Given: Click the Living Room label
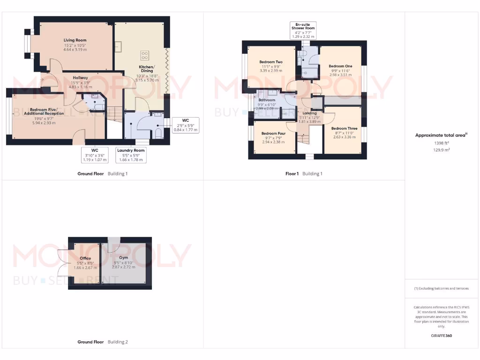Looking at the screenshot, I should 75,40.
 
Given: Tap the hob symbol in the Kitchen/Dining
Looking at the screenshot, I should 144,55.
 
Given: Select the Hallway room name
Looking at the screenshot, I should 80,78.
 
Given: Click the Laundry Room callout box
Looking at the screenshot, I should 131,155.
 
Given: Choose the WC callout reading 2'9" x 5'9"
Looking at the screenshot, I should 185,125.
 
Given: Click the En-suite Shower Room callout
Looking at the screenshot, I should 303,30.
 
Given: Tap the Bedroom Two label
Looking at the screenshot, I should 271,62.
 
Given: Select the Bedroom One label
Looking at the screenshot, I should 340,66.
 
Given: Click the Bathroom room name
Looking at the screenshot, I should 267,100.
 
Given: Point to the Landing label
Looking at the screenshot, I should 309,113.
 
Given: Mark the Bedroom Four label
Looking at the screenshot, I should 273,133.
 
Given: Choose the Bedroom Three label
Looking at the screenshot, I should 344,128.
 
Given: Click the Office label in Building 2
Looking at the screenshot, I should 85,258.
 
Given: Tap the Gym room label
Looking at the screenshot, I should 123,258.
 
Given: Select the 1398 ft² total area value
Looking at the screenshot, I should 442,143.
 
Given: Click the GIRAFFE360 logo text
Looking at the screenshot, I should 441,336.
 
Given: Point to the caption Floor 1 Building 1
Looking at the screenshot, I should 304,173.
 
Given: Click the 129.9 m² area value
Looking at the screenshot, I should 442,150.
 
